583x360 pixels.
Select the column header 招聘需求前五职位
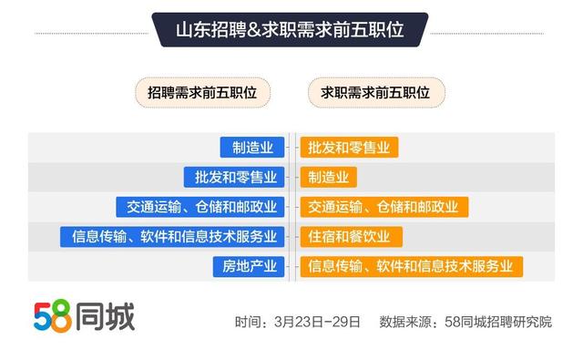[202, 92]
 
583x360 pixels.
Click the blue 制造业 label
[253, 148]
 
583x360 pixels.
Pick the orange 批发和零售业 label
[350, 148]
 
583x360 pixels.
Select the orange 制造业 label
[328, 177]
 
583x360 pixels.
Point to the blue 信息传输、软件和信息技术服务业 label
[175, 237]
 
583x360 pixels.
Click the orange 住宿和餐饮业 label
[350, 237]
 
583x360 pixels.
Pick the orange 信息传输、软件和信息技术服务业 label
[411, 266]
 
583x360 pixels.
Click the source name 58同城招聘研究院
[497, 322]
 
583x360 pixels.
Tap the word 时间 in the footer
[248, 322]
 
